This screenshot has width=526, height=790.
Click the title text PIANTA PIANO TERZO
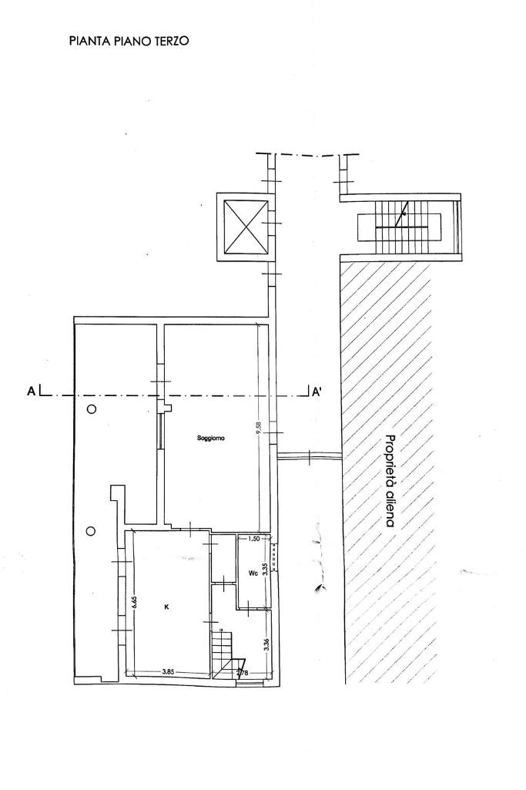[x=129, y=41]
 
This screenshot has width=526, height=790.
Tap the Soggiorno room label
[x=210, y=439]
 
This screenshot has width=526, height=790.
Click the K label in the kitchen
[x=167, y=607]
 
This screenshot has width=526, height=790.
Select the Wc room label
[x=252, y=573]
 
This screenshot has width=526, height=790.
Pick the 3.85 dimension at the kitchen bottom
[x=168, y=672]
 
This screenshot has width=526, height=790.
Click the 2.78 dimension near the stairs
[x=242, y=674]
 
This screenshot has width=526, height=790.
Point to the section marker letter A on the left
[x=32, y=392]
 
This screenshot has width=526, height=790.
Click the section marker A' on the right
[x=316, y=392]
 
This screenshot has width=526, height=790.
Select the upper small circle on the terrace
[x=91, y=409]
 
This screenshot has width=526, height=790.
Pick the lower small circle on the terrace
[x=91, y=530]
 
